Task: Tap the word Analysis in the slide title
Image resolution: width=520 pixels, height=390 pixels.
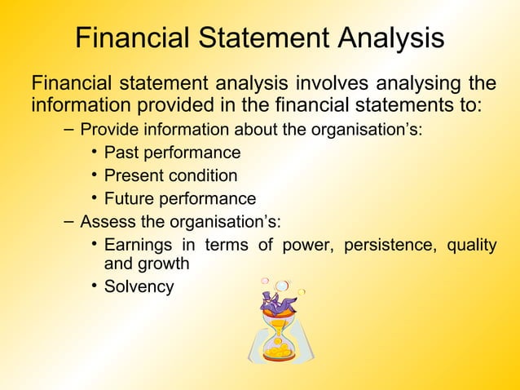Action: pos(387,39)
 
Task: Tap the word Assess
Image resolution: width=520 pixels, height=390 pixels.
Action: pos(105,222)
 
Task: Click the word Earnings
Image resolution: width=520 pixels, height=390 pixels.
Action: pos(139,245)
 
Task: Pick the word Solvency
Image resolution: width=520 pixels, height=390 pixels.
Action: pos(139,286)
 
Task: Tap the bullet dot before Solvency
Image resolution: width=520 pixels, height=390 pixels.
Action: pos(95,286)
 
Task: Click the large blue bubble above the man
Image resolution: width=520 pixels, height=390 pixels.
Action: pos(282,285)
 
